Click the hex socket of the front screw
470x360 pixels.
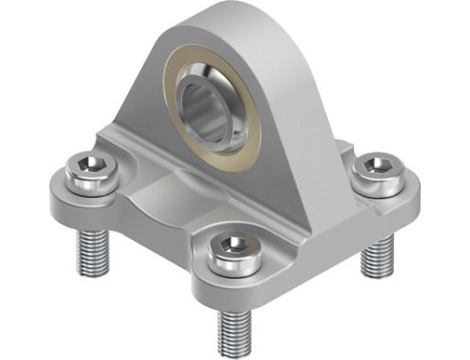[x=229, y=246]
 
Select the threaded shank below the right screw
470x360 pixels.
[x=375, y=255]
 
